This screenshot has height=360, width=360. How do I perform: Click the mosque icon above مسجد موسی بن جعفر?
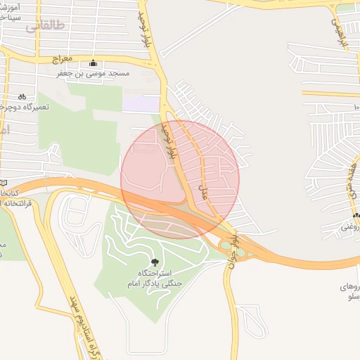94,63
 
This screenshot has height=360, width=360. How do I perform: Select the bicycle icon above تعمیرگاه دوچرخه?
22,96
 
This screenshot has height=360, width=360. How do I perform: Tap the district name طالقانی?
46,26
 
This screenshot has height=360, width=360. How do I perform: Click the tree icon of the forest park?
154,262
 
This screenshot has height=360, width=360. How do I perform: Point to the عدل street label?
207,192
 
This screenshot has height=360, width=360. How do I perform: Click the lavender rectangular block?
141,103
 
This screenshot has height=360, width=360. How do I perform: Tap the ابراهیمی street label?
340,32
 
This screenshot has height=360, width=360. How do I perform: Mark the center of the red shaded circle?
180,180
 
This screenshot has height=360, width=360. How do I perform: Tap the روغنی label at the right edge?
349,227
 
